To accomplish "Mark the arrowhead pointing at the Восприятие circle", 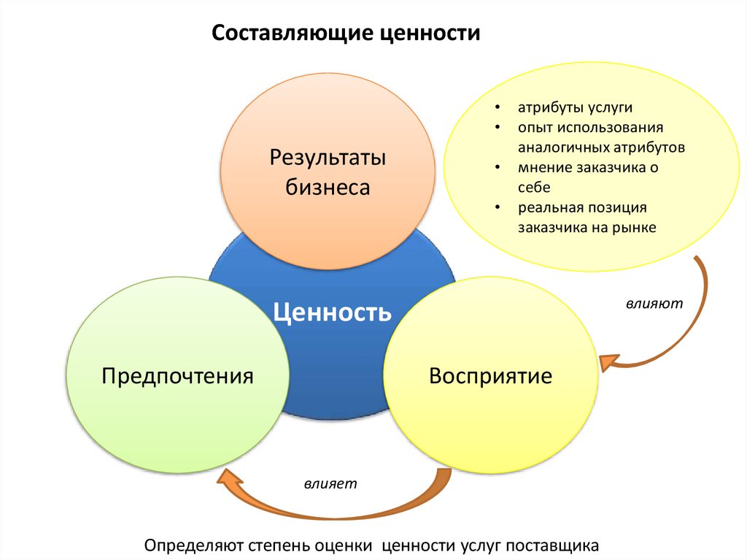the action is pos(608,361).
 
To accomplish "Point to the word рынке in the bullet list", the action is pos(636,227).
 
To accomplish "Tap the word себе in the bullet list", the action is pos(534,187).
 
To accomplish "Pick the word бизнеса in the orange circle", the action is pos(328,188).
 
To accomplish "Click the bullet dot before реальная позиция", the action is pos(498,207).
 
